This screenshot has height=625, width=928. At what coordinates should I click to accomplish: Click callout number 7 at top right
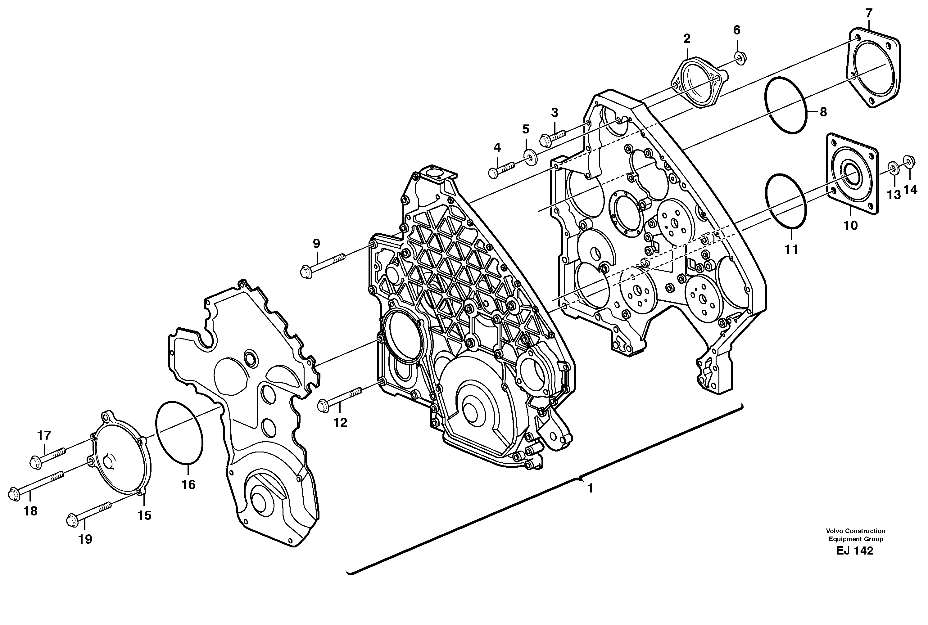click(x=869, y=13)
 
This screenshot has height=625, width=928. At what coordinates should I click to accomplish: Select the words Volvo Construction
click(x=855, y=531)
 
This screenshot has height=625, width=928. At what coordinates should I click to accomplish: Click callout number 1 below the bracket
click(x=591, y=488)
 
